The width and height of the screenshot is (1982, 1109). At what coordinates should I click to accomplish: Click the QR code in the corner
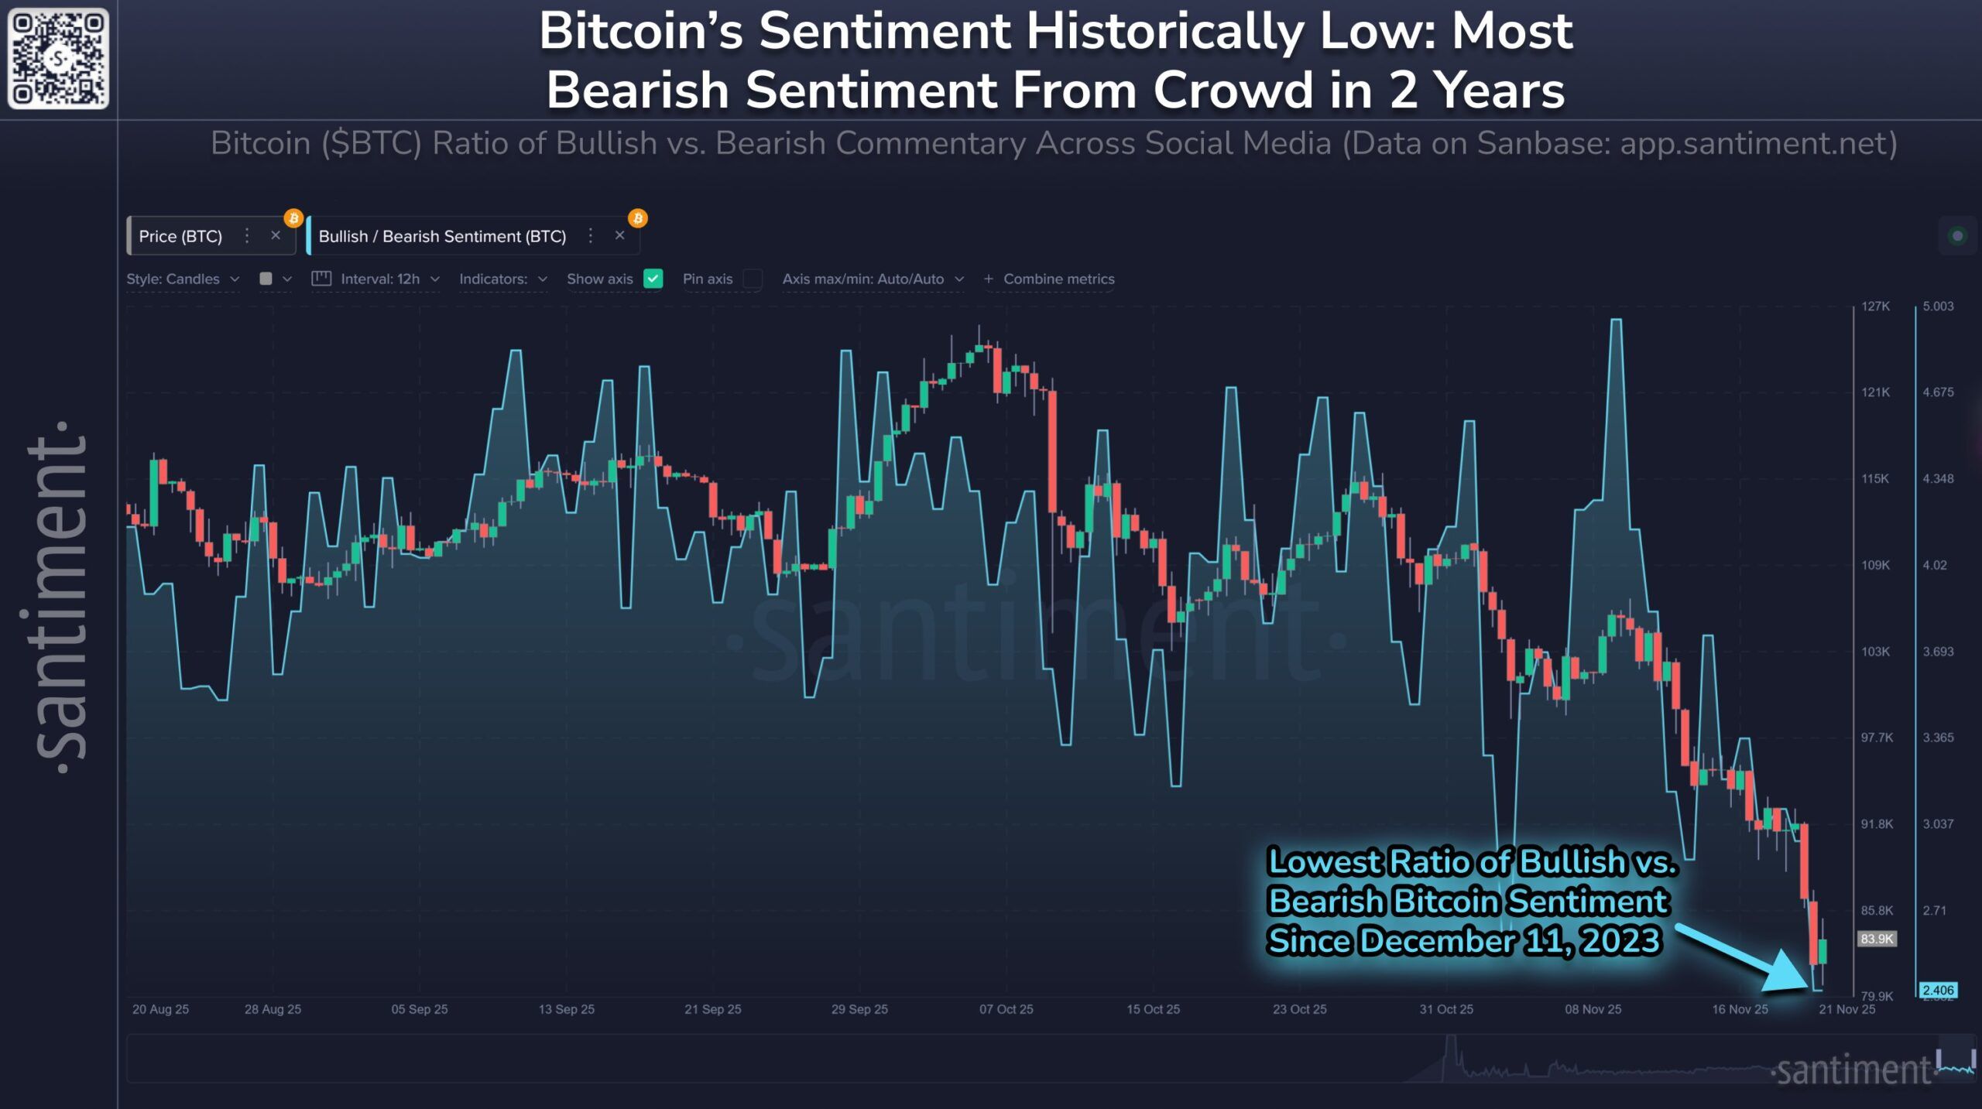(58, 59)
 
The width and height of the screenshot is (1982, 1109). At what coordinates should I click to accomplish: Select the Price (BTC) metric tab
(180, 236)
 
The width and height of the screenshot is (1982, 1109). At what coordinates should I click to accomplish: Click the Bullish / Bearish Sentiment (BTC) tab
(442, 236)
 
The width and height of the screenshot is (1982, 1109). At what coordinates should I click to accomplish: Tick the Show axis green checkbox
(653, 279)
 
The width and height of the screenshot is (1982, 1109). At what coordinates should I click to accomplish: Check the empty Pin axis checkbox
(752, 279)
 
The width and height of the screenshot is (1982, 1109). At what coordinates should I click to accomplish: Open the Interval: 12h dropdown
(379, 279)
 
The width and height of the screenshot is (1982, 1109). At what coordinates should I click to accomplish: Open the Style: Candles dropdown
(183, 279)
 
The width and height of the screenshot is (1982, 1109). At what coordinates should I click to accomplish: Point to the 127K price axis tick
(1875, 306)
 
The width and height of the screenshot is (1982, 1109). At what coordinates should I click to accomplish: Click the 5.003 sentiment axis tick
(1938, 306)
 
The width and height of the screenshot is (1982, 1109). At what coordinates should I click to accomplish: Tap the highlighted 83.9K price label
(1877, 939)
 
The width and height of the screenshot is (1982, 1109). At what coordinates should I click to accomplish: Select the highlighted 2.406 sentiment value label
(1938, 990)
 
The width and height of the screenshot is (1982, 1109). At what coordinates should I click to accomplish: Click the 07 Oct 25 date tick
(1006, 1009)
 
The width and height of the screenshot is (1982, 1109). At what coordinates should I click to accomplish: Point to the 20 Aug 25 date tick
(160, 1009)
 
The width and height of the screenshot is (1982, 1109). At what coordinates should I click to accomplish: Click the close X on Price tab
(276, 235)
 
